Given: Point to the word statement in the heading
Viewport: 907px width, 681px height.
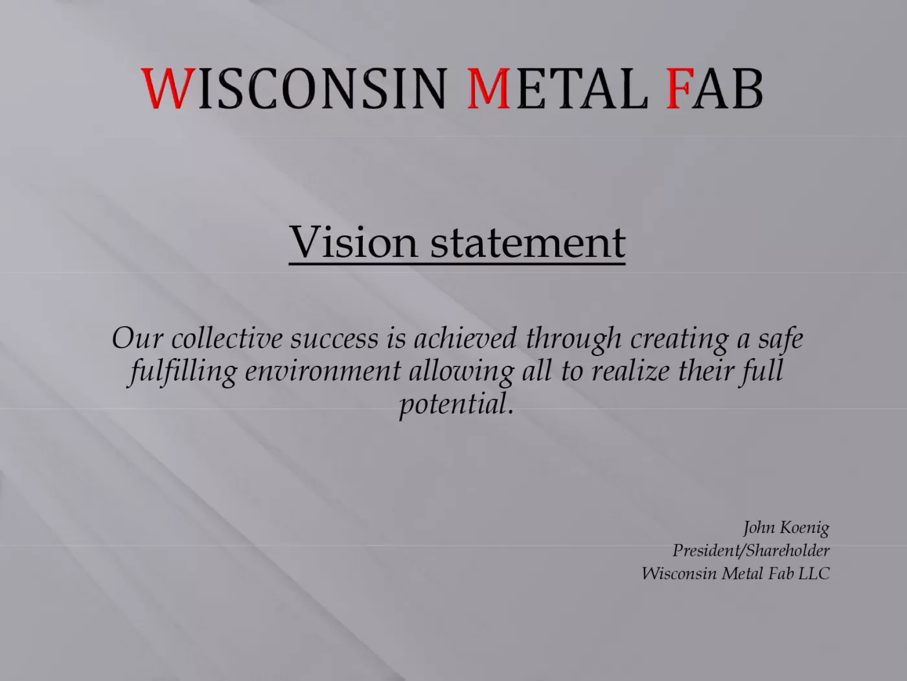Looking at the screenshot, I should pyautogui.click(x=527, y=242).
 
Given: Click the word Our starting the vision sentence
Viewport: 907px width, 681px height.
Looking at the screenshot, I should pyautogui.click(x=137, y=338).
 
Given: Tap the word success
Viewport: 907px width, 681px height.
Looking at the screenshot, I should pyautogui.click(x=334, y=339).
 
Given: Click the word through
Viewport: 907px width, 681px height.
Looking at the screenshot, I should pyautogui.click(x=573, y=339).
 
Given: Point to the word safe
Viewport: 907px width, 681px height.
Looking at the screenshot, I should pyautogui.click(x=780, y=338).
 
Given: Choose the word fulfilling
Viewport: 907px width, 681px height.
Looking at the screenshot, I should pyautogui.click(x=183, y=372).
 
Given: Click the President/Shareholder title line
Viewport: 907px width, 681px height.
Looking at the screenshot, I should pyautogui.click(x=751, y=551).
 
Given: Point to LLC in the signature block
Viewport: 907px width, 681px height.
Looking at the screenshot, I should pyautogui.click(x=814, y=573).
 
